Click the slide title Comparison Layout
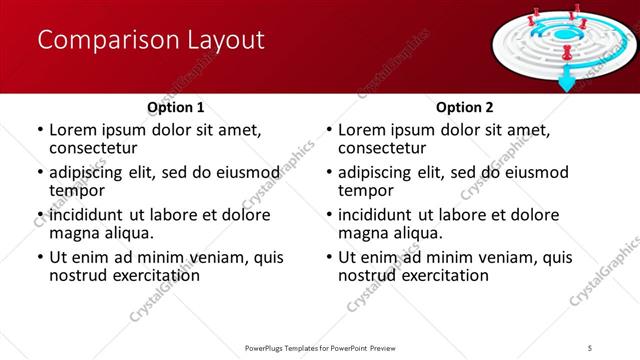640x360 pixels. click(x=151, y=41)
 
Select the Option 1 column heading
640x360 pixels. click(x=176, y=107)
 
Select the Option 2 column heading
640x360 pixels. click(x=465, y=107)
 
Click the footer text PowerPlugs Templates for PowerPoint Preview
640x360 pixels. click(x=319, y=348)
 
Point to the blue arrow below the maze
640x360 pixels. click(x=566, y=82)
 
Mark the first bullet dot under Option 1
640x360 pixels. click(x=40, y=130)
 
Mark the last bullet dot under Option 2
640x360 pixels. click(x=329, y=257)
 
